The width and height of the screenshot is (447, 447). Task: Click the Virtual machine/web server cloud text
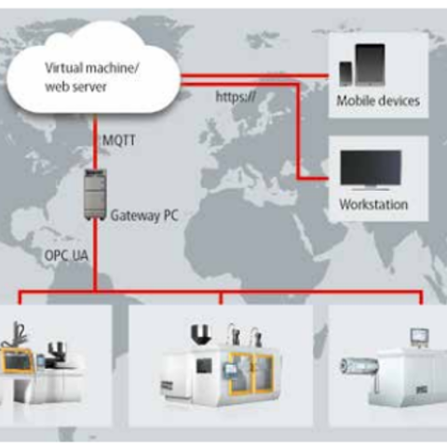pyautogui.click(x=92, y=77)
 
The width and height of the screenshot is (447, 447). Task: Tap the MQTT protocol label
pyautogui.click(x=119, y=141)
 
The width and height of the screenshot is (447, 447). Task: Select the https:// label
pyautogui.click(x=236, y=97)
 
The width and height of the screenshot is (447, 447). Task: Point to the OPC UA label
pyautogui.click(x=66, y=255)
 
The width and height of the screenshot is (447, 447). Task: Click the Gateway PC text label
pyautogui.click(x=144, y=215)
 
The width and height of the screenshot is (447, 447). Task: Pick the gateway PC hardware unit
pyautogui.click(x=96, y=195)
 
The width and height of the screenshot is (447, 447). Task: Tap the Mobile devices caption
pyautogui.click(x=378, y=101)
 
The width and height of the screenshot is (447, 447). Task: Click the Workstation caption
pyautogui.click(x=373, y=205)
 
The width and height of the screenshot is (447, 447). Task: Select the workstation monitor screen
pyautogui.click(x=371, y=168)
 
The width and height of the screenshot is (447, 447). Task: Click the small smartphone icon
pyautogui.click(x=345, y=74)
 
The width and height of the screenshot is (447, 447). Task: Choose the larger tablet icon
pyautogui.click(x=370, y=64)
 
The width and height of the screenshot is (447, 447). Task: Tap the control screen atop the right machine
pyautogui.click(x=420, y=336)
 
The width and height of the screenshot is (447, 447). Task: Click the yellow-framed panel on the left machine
pyautogui.click(x=18, y=359)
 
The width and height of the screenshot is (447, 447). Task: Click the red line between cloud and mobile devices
pyautogui.click(x=254, y=75)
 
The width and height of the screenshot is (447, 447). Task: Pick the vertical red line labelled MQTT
pyautogui.click(x=96, y=142)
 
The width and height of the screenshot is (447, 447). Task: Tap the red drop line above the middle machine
pyautogui.click(x=221, y=298)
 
